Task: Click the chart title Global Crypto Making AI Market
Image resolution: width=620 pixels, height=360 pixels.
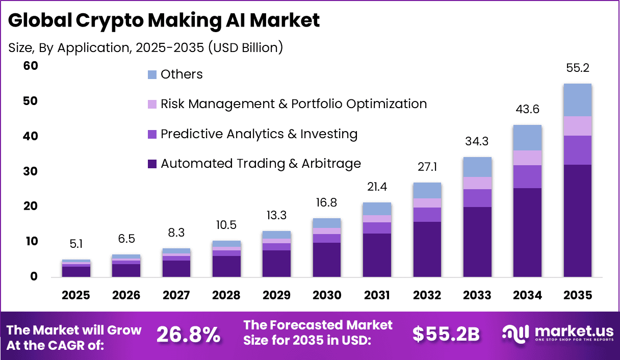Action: click(x=164, y=20)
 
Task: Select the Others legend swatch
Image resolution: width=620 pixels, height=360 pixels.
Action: click(x=152, y=75)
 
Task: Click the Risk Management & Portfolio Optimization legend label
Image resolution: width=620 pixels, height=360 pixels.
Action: click(x=294, y=104)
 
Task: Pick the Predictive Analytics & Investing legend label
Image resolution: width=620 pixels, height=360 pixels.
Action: click(x=259, y=134)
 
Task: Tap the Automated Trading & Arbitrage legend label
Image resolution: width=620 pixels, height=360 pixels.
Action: click(x=261, y=164)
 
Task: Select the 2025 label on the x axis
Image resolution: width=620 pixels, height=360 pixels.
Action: click(x=76, y=296)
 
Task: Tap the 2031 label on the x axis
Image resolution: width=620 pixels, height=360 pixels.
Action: click(x=377, y=296)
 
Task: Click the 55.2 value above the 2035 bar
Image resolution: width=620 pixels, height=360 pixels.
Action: click(x=577, y=68)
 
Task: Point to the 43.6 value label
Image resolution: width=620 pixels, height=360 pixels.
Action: click(x=527, y=110)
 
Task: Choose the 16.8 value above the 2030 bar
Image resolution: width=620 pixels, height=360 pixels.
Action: click(x=327, y=203)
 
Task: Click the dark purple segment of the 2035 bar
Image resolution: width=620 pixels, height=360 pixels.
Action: click(x=577, y=220)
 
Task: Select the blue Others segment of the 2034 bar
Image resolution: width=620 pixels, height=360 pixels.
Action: click(x=527, y=138)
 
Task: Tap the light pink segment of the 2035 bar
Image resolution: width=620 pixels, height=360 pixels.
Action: click(x=577, y=126)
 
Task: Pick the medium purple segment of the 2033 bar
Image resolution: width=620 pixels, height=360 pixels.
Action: click(x=477, y=198)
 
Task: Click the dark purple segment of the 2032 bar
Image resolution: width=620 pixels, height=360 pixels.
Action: click(x=427, y=249)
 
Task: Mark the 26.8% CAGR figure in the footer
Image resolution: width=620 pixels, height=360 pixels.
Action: click(x=188, y=335)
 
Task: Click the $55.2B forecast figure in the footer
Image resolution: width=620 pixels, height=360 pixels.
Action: click(x=446, y=335)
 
